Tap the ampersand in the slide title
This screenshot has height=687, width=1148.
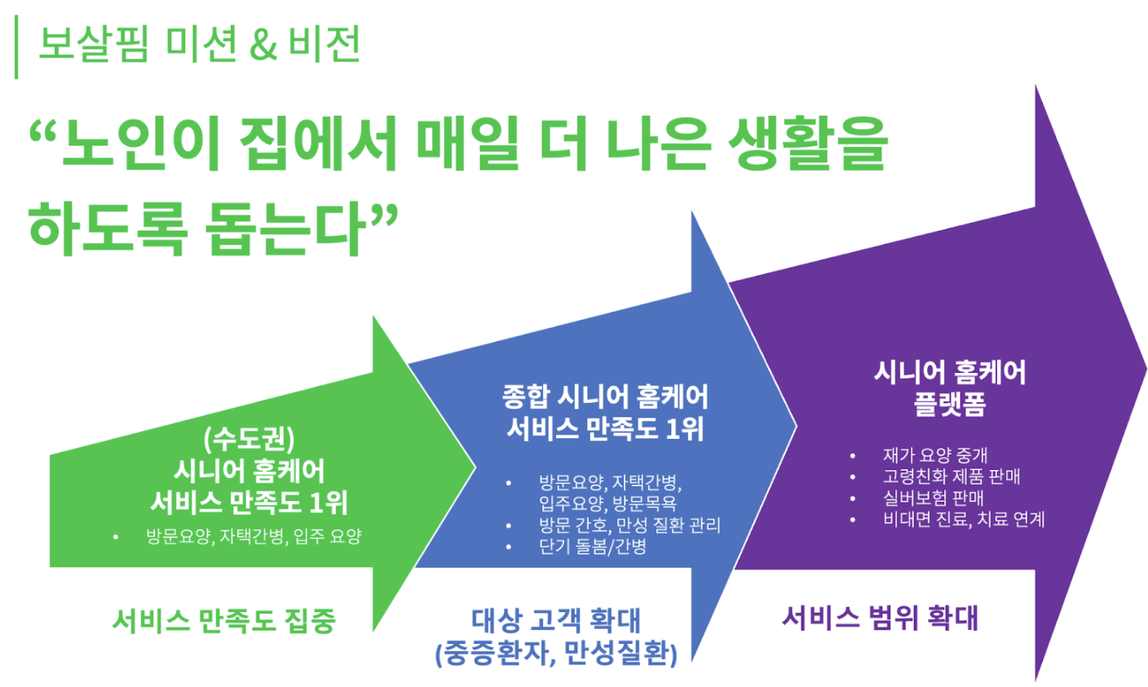[x=263, y=46]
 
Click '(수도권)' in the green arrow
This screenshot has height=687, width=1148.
[x=249, y=440]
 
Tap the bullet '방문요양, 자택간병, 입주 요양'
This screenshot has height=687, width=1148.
[x=254, y=536]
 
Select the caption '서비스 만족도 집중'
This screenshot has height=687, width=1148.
[x=223, y=621]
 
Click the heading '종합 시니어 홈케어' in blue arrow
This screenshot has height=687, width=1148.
[x=605, y=397]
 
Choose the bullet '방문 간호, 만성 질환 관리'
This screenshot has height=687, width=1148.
[x=629, y=525]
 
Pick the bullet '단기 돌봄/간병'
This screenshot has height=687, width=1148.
[x=592, y=546]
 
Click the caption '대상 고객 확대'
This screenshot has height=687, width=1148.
[x=556, y=621]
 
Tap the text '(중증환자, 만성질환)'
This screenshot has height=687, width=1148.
[x=556, y=654]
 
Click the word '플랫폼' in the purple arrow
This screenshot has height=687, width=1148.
[x=949, y=404]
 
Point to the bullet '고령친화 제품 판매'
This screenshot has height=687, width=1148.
[x=951, y=476]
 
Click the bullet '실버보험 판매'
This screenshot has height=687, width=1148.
[x=933, y=498]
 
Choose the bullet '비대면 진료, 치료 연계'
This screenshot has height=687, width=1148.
[x=963, y=519]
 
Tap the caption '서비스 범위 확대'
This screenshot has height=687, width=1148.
[x=880, y=618]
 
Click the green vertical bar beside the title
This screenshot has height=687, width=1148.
[x=16, y=49]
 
